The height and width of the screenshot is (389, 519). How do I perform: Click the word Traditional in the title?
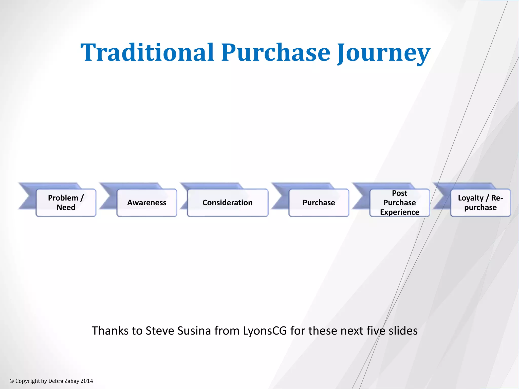point(147,52)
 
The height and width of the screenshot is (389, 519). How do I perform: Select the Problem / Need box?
point(66,203)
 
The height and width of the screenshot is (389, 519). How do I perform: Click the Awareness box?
point(147,203)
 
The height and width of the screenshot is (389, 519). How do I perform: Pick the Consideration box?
point(227,203)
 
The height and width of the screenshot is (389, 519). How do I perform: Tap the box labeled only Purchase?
point(319,203)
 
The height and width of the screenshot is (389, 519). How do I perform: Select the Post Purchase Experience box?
point(399,203)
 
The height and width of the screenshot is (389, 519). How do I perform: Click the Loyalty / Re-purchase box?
point(480,203)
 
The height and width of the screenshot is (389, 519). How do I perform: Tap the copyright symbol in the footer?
point(12,381)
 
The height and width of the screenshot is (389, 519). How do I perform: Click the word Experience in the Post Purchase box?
point(399,212)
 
